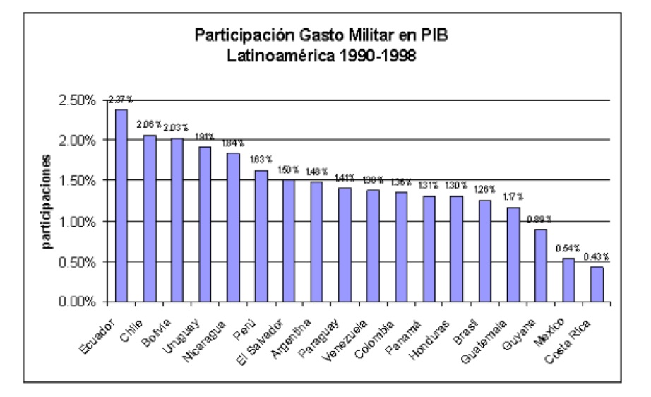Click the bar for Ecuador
(x=121, y=206)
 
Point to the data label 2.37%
(x=121, y=99)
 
